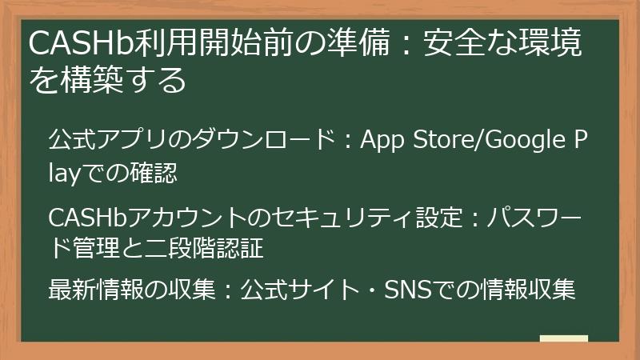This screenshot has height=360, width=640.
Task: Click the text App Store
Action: click(x=407, y=142)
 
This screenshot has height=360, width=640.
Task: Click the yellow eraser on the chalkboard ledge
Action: click(x=564, y=339)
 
